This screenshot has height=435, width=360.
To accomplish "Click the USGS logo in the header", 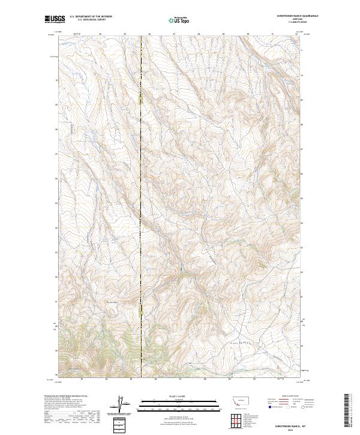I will coord(55,20).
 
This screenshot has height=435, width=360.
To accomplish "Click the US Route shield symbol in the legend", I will coord(287,407).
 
